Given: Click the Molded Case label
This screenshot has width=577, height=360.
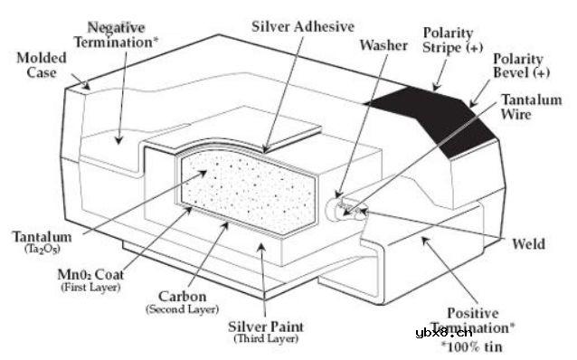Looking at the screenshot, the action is (42, 65).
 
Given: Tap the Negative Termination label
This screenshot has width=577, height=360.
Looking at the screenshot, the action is (116, 35).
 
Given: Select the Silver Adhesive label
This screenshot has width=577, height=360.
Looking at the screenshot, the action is (303, 26).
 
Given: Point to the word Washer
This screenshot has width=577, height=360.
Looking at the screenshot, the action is (383, 45).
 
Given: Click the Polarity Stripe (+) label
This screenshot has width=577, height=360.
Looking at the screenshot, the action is (452, 40).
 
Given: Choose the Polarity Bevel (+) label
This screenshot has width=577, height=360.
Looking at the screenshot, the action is (522, 65).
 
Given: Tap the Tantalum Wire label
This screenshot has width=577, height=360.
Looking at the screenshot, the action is (532, 107).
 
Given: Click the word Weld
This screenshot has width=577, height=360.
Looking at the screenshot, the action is (528, 243).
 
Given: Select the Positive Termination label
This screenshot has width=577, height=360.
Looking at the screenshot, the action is (473, 320).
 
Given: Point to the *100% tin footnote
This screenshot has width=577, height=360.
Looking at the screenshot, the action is (471, 346).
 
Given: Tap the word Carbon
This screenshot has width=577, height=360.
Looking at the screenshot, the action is (182, 297).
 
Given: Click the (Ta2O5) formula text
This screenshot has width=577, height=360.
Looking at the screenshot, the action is (42, 250).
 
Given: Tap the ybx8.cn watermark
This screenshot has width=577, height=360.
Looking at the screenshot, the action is (444, 333).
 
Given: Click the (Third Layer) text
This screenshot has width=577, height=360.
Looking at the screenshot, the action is (266, 338).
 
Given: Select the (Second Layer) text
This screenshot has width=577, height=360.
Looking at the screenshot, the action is (182, 309).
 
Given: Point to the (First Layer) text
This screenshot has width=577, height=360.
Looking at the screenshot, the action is (90, 287).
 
